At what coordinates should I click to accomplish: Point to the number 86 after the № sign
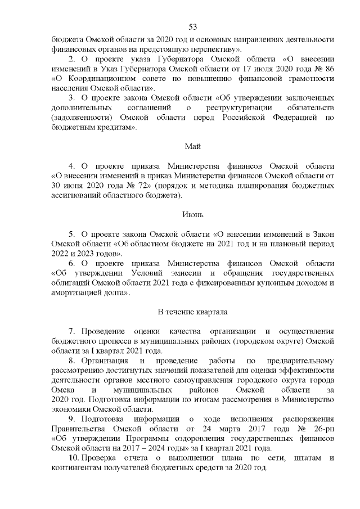pos(329,68)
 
